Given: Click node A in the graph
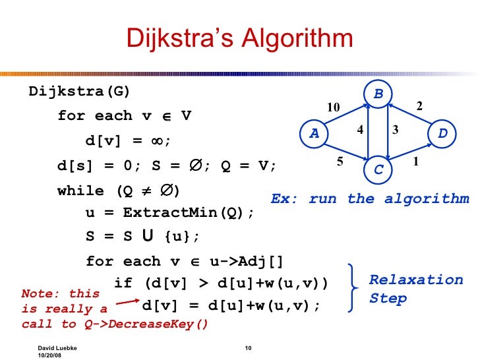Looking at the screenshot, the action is [x=314, y=133].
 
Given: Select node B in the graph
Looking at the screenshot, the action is [x=378, y=94].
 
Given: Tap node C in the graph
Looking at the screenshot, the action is [x=378, y=169].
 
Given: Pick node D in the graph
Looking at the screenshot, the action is [x=442, y=133].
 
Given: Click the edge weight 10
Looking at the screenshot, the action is [x=334, y=107].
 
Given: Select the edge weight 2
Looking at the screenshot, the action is [x=418, y=105].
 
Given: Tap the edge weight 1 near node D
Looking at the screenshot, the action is [x=416, y=160].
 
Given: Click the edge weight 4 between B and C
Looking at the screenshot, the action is [x=360, y=131].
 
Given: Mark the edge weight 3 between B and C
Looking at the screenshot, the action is [x=395, y=131].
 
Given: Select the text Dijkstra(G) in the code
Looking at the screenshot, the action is [x=80, y=91].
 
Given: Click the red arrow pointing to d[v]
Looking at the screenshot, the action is [x=124, y=304].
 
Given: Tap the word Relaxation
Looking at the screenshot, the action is [x=415, y=280].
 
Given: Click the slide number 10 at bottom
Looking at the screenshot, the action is [x=249, y=347].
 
